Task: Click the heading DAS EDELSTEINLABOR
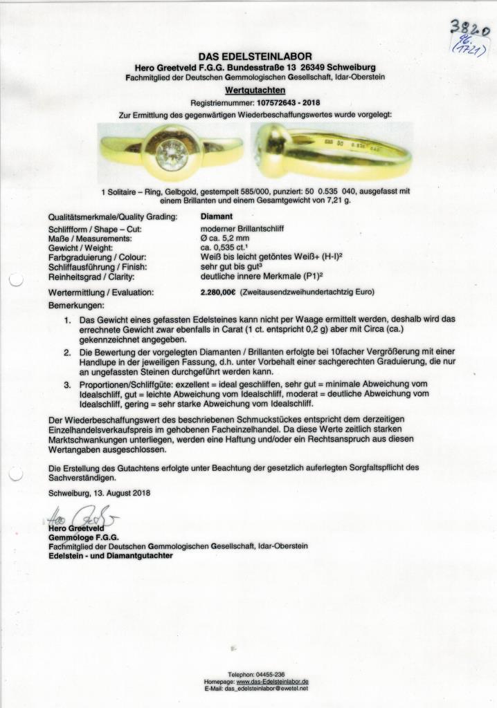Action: (255, 57)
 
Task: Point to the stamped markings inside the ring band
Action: (353, 145)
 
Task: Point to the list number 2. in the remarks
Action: (68, 352)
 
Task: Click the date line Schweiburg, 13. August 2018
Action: (99, 493)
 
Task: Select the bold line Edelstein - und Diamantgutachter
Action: (111, 555)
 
